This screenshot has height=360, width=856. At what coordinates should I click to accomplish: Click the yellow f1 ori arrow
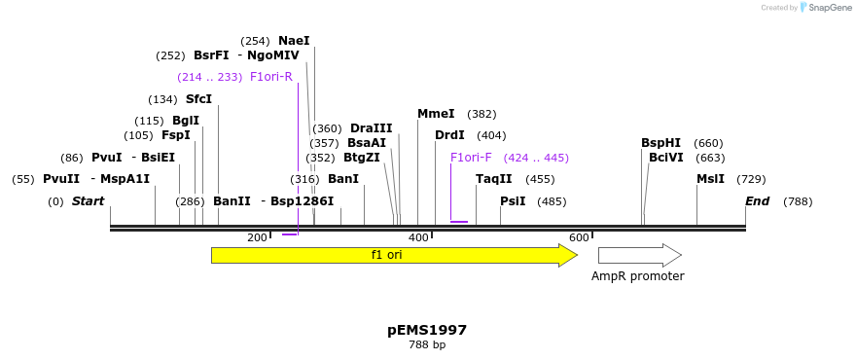(x=389, y=255)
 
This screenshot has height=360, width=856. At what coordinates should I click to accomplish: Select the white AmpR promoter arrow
(x=638, y=255)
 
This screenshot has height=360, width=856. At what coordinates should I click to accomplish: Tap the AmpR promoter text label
(x=637, y=276)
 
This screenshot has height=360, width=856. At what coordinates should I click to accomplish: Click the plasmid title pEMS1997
(x=427, y=330)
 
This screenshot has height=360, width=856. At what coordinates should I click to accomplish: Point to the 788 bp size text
(x=427, y=345)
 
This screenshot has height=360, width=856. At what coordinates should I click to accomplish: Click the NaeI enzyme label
(x=294, y=41)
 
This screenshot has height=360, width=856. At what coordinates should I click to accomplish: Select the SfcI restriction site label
(x=198, y=99)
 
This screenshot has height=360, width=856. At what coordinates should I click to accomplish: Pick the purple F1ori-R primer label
(x=271, y=77)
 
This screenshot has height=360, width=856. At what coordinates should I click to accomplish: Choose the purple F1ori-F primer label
(x=471, y=158)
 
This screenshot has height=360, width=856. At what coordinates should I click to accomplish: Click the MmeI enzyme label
(x=436, y=114)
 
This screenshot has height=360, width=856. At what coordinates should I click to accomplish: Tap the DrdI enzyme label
(x=449, y=135)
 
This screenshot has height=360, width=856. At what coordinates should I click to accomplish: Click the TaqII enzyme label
(x=493, y=179)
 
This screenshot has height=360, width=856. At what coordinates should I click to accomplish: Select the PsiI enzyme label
(x=513, y=201)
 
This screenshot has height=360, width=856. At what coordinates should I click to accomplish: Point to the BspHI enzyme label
(x=660, y=143)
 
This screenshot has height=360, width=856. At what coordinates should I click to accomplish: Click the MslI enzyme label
(x=711, y=179)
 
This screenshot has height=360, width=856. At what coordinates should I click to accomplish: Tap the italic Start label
(x=88, y=201)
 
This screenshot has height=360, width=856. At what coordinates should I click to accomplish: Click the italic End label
(x=757, y=201)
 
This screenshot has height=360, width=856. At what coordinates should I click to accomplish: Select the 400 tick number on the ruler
(x=418, y=238)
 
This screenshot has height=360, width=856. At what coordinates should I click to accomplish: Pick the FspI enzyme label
(x=176, y=135)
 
